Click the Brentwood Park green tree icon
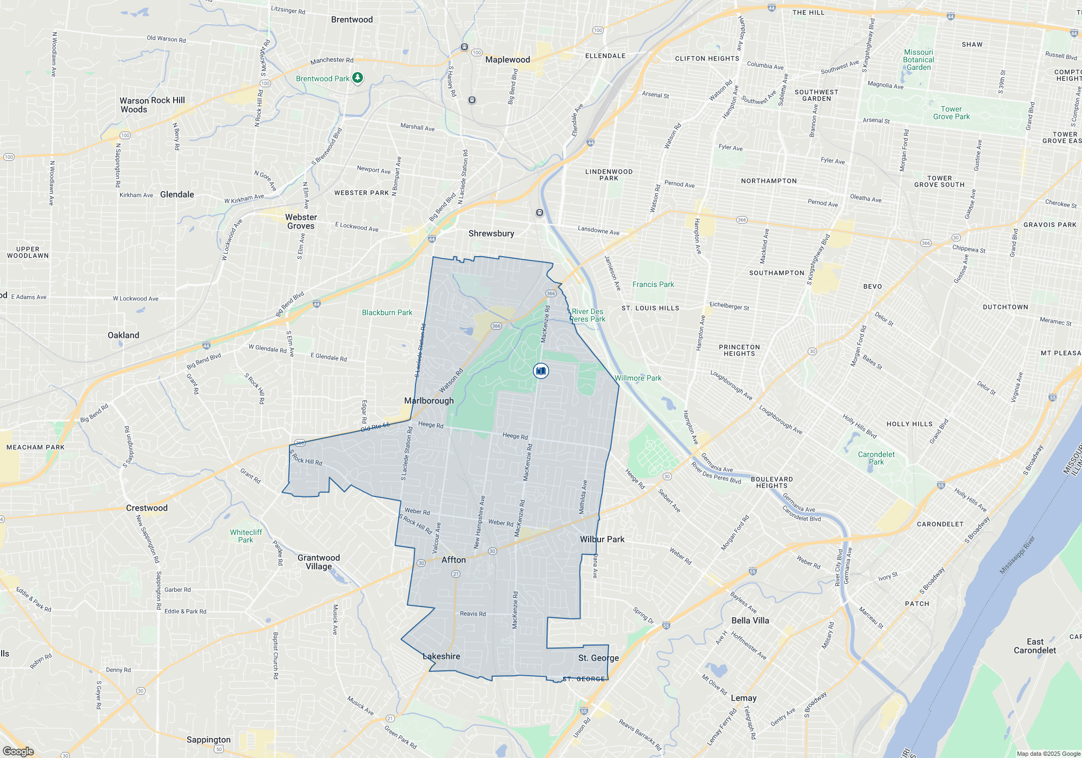point(358,78)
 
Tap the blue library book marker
point(540,371)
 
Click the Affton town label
point(453,560)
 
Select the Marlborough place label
point(429,401)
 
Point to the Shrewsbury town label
point(491,233)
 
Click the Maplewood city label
point(507,60)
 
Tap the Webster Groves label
point(301,221)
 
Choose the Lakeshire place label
point(441,656)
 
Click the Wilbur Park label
point(602,539)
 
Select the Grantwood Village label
point(319,562)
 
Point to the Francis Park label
point(653,284)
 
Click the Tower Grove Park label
point(951,113)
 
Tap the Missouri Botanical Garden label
point(918,60)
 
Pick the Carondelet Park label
point(876,458)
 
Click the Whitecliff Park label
point(246,536)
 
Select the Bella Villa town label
point(750,620)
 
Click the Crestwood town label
point(147,508)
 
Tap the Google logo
point(18,752)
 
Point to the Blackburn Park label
point(387,312)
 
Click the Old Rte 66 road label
point(375,427)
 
